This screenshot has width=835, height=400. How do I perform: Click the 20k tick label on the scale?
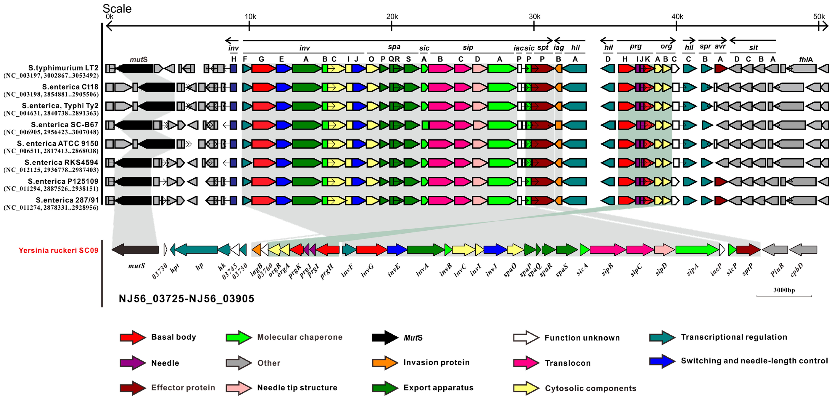point(392,17)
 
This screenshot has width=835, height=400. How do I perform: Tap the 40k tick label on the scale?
point(677,17)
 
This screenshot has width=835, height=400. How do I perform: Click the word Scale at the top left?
point(117,9)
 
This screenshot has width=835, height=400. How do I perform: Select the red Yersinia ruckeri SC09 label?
point(58,250)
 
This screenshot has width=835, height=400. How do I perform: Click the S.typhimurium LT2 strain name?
point(63,68)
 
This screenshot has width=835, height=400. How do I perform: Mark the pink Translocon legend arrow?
point(526,363)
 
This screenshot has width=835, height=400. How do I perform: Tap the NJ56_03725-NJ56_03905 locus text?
point(186,299)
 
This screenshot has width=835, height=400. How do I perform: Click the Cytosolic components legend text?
point(590,388)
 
